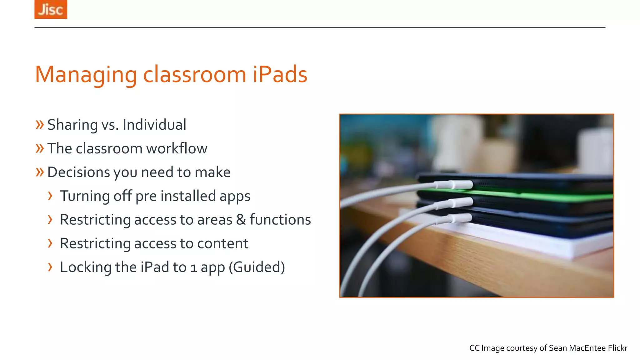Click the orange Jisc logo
coord(51,9)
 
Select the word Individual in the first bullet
coord(154,125)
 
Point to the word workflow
coord(177,148)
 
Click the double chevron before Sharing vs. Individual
coord(40,125)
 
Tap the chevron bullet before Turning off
coord(50,196)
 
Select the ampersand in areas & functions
coord(241,220)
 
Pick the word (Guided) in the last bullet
coord(257,267)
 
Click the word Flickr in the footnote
coord(617,348)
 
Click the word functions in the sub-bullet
coord(280,220)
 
